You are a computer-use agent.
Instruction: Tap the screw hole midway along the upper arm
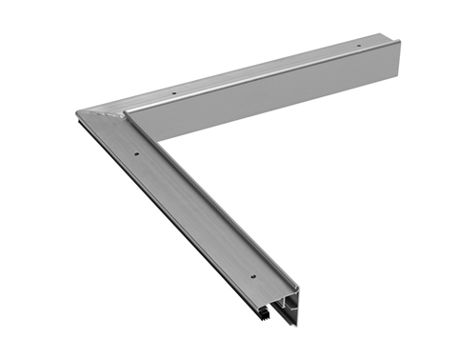pos(174,93)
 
